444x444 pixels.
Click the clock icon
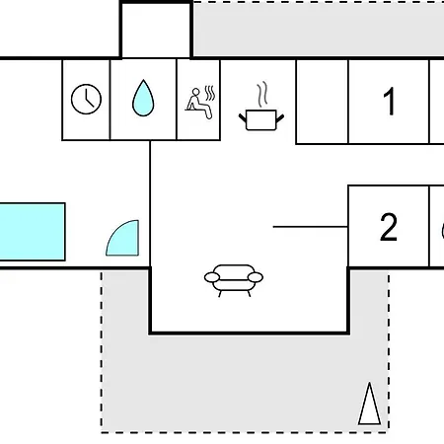point(86,99)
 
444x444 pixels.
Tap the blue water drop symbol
point(143,98)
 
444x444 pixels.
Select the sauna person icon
point(200,103)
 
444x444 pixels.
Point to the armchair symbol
point(234,280)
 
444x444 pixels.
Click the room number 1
point(390,102)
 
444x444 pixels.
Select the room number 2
point(389,227)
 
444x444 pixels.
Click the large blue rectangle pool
point(33,232)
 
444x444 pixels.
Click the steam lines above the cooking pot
point(262,95)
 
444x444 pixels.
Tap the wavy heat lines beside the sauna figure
point(210,93)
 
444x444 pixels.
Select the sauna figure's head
point(196,92)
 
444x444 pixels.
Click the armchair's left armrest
point(212,277)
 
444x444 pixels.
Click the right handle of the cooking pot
point(280,118)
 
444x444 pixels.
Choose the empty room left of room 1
point(322,102)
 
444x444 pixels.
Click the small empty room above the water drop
point(156,31)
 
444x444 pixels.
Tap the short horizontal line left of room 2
point(311,227)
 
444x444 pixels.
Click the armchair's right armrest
point(256,277)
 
